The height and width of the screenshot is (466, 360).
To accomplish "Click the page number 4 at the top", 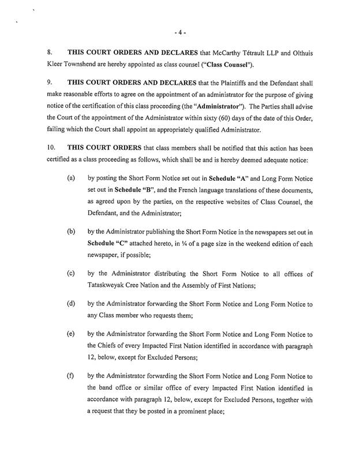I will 179,27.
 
